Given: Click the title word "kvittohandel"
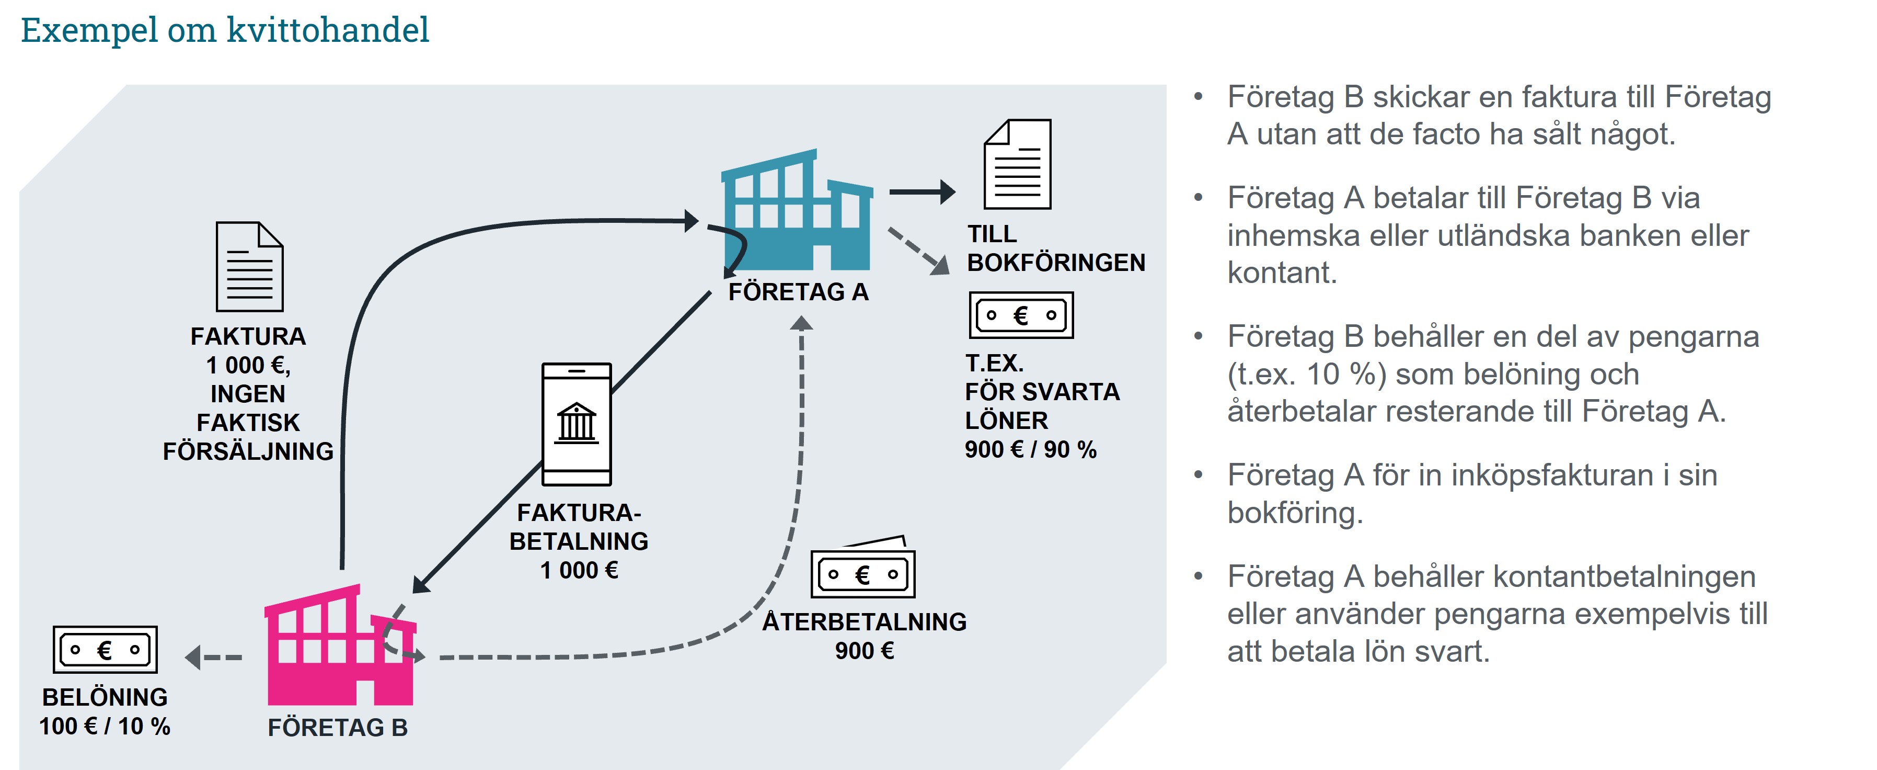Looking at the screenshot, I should (328, 31).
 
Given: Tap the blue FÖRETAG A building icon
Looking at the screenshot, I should (797, 211).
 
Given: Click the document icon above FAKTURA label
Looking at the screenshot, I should (249, 267).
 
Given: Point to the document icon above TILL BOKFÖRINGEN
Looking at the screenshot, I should (1017, 165).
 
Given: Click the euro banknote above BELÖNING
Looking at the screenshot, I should (105, 650).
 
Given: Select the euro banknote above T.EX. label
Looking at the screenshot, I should (1021, 315).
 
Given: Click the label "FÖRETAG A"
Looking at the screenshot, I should (798, 292).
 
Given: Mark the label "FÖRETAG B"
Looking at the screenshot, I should (337, 728).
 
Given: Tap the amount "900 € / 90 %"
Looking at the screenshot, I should (1030, 449).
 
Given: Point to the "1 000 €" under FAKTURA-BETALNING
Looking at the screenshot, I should (579, 570).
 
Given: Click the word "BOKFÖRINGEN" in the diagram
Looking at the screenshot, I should (1056, 263).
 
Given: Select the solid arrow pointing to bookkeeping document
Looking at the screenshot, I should (923, 192).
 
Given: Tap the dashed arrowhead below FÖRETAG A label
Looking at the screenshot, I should (801, 323).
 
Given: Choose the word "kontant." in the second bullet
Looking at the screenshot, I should (1282, 273).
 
